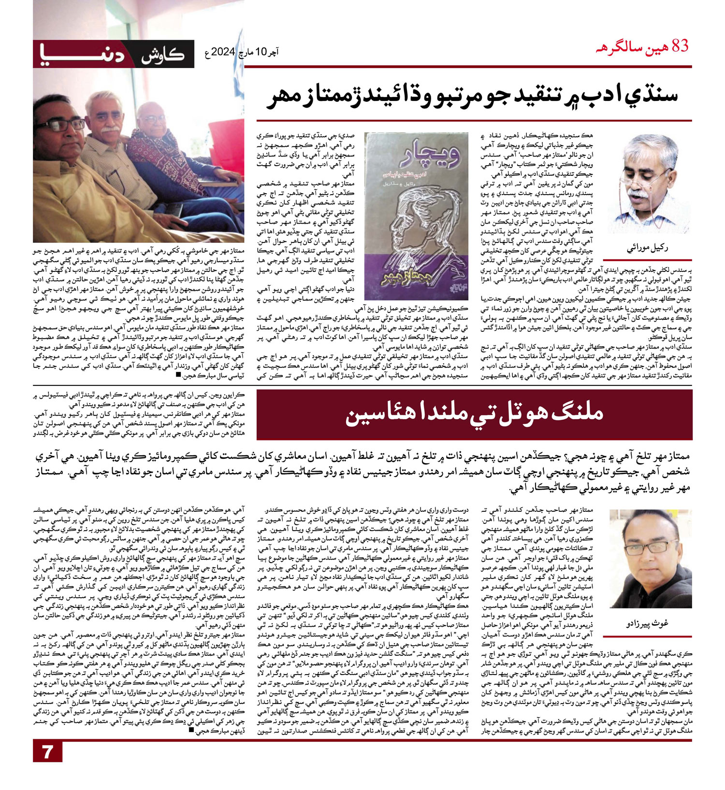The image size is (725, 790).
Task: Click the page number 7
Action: point(47,752)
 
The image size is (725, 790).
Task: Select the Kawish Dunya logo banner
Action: point(114,54)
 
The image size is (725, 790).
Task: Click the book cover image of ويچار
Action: point(417,216)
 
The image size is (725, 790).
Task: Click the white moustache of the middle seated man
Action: point(110,129)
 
